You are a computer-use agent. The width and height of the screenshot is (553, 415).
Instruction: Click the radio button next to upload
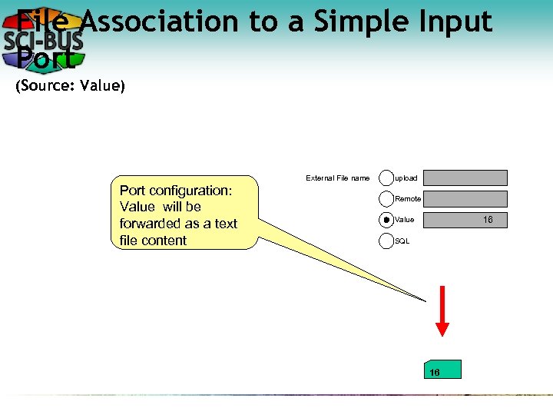(x=386, y=178)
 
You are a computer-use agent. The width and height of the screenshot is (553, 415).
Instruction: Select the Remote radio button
(x=386, y=199)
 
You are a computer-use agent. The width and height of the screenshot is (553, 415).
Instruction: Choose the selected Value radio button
(x=386, y=220)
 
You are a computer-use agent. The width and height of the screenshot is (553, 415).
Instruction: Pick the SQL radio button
(x=386, y=241)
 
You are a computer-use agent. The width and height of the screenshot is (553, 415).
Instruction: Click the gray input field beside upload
(x=465, y=178)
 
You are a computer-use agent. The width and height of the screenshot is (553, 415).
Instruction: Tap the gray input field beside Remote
(x=465, y=199)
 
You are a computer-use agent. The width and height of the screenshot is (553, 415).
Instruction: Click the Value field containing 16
(x=465, y=221)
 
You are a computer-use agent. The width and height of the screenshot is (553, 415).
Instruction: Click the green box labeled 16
(x=442, y=370)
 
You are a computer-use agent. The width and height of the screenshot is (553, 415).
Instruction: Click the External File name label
(x=337, y=178)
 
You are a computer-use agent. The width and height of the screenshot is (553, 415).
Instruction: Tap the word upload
(x=406, y=178)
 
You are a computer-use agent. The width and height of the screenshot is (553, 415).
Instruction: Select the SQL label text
(x=402, y=241)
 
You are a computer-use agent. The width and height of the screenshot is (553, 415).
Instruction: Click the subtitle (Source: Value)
(x=70, y=86)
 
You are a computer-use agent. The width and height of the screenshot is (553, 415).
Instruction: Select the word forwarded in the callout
(x=152, y=224)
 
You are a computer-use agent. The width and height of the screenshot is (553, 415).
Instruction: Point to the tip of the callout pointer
(x=425, y=300)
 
